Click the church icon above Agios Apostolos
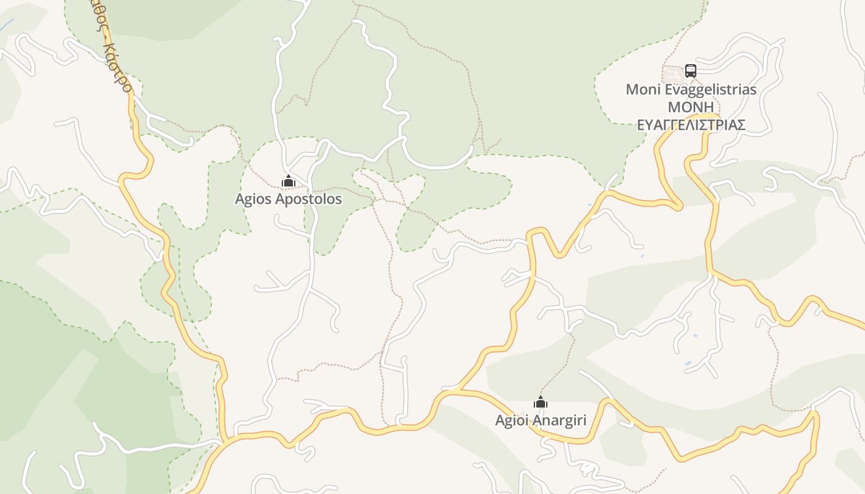coord(289,181)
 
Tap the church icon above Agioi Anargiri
coord(541,403)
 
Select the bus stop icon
coord(690,71)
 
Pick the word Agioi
coord(511,421)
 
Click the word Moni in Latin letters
coord(639,90)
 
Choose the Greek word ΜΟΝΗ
coord(691,107)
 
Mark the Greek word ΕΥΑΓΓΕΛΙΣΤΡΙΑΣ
coord(691,125)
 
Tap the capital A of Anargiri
coord(536,421)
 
